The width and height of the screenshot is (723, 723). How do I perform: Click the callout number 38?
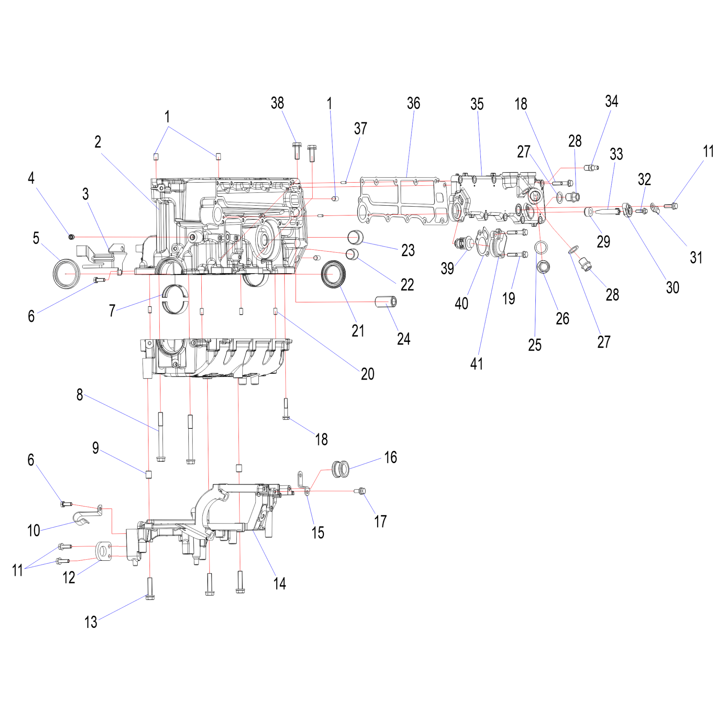point(277,103)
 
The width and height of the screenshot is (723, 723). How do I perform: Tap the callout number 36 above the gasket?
point(414,103)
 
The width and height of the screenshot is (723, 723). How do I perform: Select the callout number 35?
point(477,104)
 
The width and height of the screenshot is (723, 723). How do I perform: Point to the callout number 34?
point(612,101)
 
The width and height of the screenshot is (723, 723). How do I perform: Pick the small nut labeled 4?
point(71,236)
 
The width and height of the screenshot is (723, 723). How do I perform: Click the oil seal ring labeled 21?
point(333,274)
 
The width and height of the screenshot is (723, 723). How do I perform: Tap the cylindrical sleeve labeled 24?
point(386,301)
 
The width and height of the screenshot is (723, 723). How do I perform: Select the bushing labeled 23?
point(355,237)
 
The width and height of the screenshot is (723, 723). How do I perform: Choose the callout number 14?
point(279,583)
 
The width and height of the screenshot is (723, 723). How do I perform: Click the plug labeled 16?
point(341,469)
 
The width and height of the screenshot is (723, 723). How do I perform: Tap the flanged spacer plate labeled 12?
point(103,551)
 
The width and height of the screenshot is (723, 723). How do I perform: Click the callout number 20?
point(368,374)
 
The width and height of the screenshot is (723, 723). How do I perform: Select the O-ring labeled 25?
point(541,247)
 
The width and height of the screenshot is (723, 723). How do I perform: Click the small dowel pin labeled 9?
point(148,475)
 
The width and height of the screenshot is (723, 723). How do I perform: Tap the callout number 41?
point(476,364)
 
